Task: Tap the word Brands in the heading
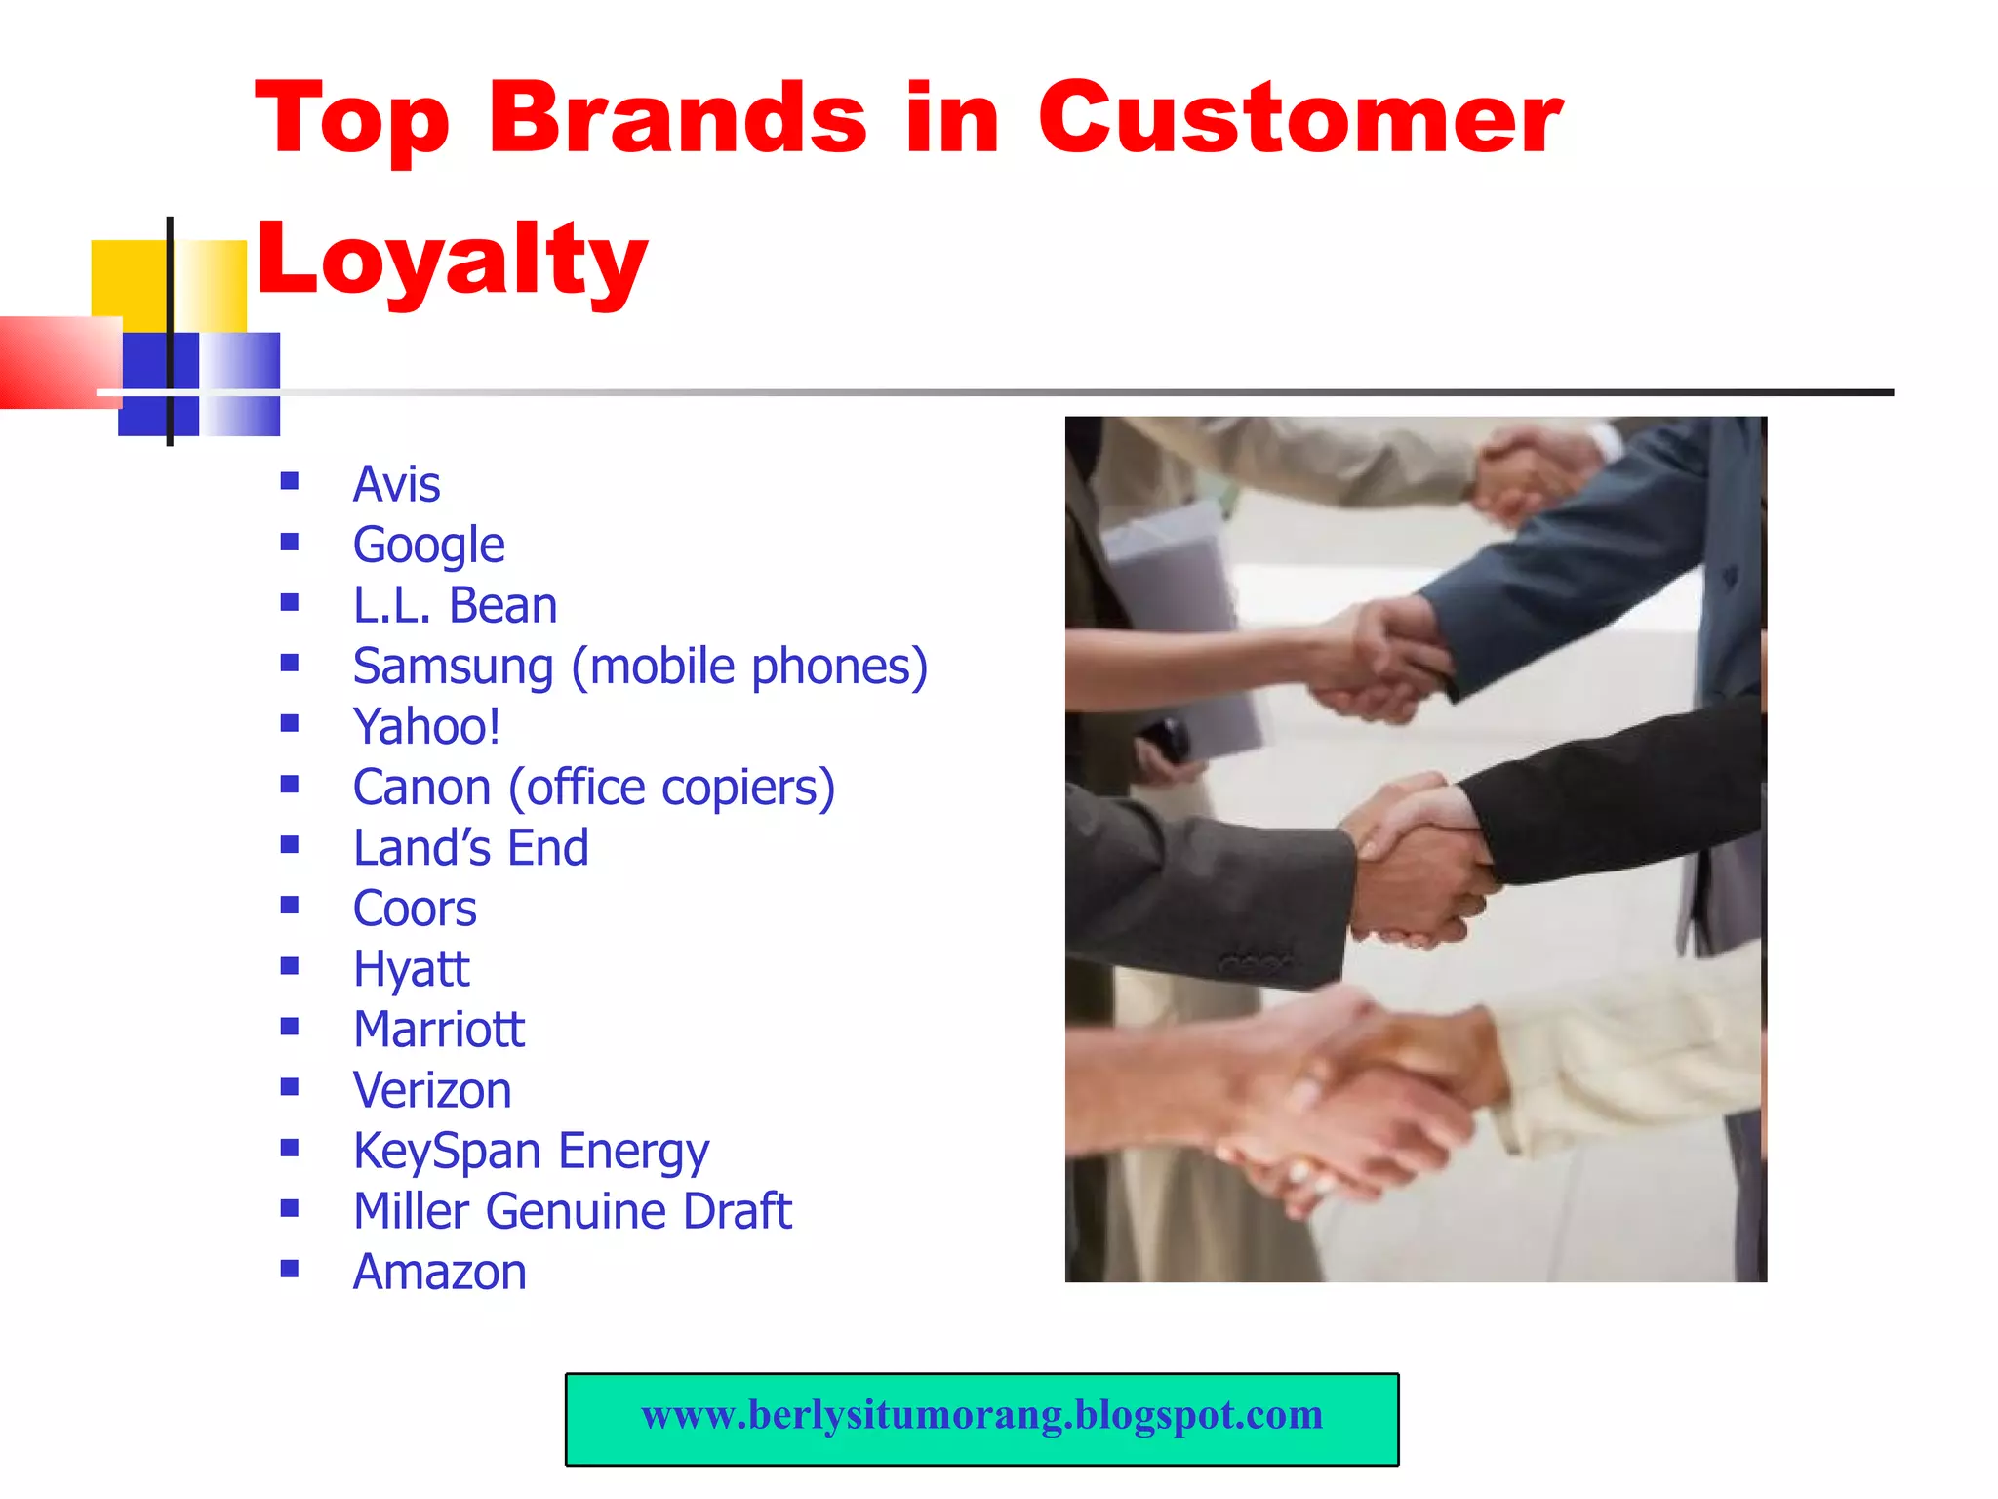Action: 677,119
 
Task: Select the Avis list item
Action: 396,484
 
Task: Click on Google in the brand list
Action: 428,545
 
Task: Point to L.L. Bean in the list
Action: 455,605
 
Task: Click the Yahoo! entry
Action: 426,727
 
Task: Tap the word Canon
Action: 421,788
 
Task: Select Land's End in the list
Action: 470,848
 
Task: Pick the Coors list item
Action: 415,909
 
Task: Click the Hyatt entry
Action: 411,969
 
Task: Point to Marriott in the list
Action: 439,1030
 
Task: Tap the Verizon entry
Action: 432,1090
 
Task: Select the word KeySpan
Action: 448,1152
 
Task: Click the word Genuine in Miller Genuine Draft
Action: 575,1212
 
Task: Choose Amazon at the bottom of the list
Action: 439,1273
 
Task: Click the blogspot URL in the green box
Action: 981,1415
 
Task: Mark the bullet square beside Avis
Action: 289,481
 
